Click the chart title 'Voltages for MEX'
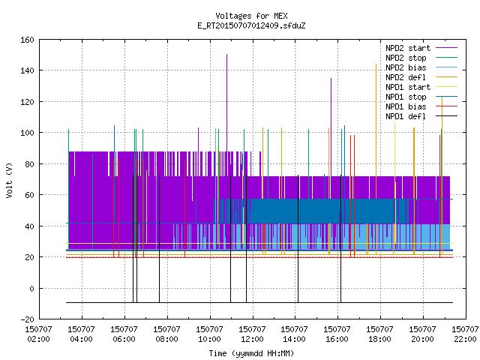pyautogui.click(x=251, y=16)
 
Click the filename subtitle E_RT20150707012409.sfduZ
pyautogui.click(x=251, y=25)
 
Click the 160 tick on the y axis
pyautogui.click(x=27, y=40)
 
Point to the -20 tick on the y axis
pyautogui.click(x=27, y=319)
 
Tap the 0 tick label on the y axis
pyautogui.click(x=31, y=288)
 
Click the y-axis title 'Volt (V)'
pyautogui.click(x=10, y=180)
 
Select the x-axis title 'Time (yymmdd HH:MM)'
pyautogui.click(x=251, y=353)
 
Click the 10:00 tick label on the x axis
pyautogui.click(x=209, y=334)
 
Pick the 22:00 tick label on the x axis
pyautogui.click(x=465, y=334)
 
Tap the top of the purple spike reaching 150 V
pyautogui.click(x=226, y=55)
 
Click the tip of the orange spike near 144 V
pyautogui.click(x=376, y=64)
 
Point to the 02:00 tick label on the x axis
pyautogui.click(x=38, y=334)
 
